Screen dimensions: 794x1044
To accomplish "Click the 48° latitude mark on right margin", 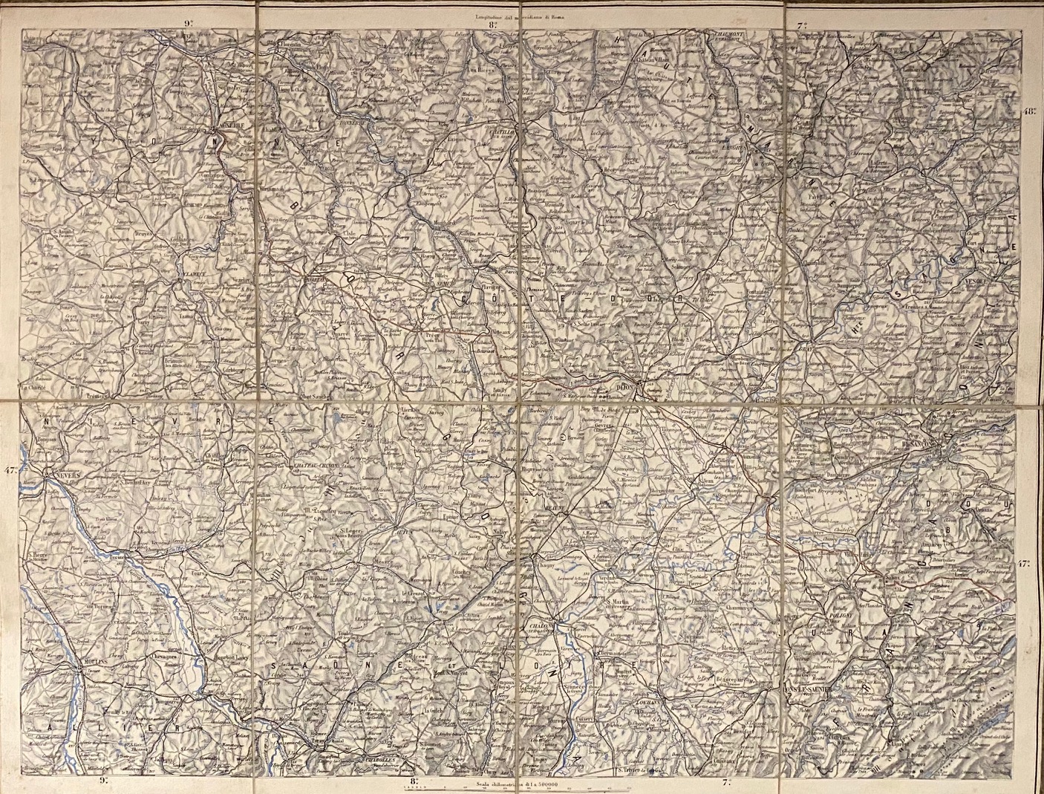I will tap(1030, 111).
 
